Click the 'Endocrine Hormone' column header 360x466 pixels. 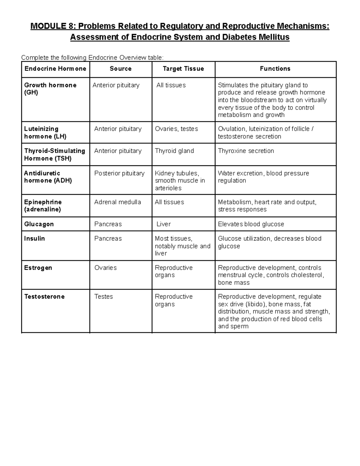(x=55, y=69)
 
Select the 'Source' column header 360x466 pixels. (x=121, y=69)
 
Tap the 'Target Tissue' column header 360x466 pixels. (x=183, y=69)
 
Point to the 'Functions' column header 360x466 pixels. (x=275, y=69)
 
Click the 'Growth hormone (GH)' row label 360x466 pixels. (x=50, y=89)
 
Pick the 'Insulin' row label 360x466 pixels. (x=34, y=239)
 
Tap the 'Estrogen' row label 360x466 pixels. (x=38, y=268)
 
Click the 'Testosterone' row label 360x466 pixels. (x=44, y=296)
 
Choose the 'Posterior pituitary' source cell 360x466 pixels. (x=119, y=173)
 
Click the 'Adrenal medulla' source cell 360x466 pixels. (x=118, y=202)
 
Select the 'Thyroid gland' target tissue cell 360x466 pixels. (x=174, y=151)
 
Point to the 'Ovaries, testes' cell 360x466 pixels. (x=176, y=129)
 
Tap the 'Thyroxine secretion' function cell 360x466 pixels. (x=246, y=151)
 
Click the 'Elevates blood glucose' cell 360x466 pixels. (x=251, y=224)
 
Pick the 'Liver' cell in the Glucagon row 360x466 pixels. (x=163, y=224)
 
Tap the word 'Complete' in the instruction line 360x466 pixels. (x=33, y=58)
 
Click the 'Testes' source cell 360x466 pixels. (x=103, y=296)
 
